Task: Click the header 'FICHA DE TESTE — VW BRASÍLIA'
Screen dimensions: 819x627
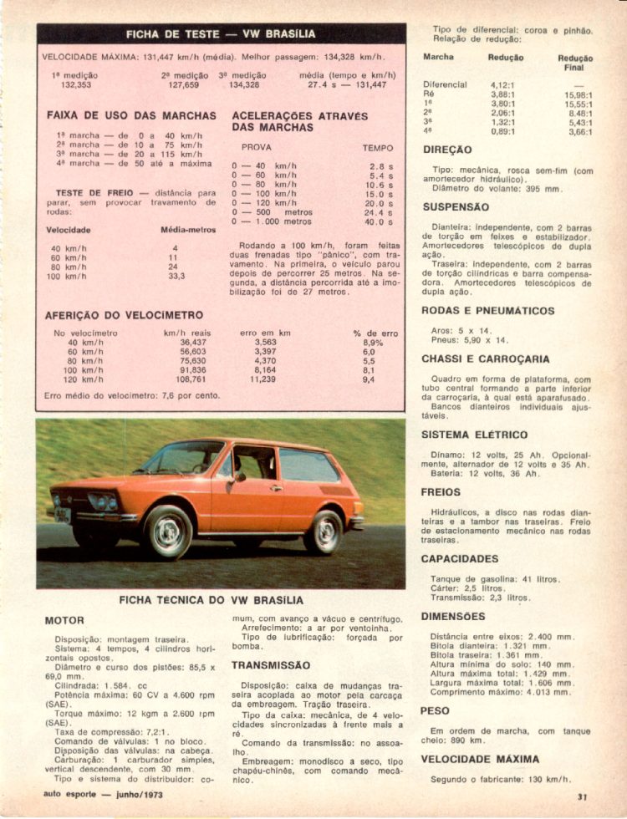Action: tap(221, 34)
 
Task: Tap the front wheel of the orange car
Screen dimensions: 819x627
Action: tap(167, 532)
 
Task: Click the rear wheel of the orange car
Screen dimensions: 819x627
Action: tap(324, 532)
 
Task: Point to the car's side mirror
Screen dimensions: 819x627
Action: tap(239, 477)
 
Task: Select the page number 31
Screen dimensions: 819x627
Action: tap(582, 796)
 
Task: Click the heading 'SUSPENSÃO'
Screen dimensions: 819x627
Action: tap(456, 206)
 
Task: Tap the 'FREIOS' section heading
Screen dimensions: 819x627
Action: tap(441, 492)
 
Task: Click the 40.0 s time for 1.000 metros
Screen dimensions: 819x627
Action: tap(380, 222)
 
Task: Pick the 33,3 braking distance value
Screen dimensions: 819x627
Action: tap(176, 276)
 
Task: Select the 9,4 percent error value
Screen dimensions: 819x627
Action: tap(369, 379)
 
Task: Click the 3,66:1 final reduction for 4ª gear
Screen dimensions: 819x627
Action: tap(579, 131)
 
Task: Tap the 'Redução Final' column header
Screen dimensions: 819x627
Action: tap(575, 64)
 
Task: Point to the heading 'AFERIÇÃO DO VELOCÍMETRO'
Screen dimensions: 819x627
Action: tap(124, 315)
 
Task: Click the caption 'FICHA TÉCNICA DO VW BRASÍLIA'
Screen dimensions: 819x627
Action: tap(211, 600)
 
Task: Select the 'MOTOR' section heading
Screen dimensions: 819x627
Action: tap(64, 621)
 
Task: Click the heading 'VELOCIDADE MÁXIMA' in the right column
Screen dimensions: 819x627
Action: tap(480, 760)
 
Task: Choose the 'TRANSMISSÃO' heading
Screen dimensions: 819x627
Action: tap(271, 666)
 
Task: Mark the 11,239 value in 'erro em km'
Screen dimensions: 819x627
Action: tap(263, 379)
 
